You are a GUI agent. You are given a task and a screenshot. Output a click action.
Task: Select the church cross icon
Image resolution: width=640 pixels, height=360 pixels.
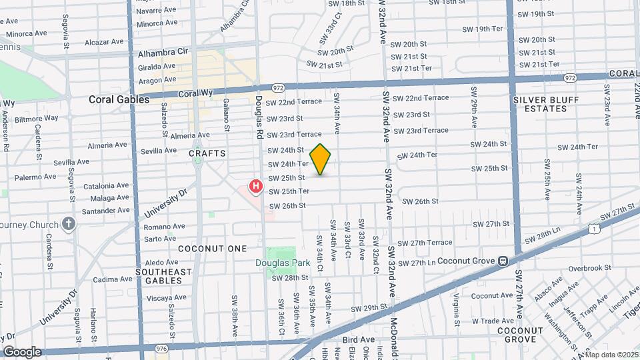tap(69, 224)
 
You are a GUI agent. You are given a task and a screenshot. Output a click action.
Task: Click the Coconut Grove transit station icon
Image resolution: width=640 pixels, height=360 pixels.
tap(503, 261)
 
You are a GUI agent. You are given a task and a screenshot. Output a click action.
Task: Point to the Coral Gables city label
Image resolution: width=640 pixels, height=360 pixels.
tap(117, 100)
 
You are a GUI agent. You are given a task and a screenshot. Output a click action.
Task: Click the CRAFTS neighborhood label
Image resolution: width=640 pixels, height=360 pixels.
tap(207, 153)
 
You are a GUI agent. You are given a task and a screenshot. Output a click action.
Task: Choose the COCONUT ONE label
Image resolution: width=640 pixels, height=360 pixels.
tap(203, 248)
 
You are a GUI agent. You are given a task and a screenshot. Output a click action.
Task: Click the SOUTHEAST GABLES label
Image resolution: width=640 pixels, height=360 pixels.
tap(163, 277)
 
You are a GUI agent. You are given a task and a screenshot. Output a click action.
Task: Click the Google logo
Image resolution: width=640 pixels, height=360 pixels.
tap(22, 351)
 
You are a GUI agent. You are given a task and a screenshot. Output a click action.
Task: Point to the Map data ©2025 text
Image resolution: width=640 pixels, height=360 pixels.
tap(611, 355)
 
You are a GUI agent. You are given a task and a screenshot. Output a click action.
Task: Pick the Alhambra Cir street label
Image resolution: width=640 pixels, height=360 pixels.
tap(163, 53)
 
